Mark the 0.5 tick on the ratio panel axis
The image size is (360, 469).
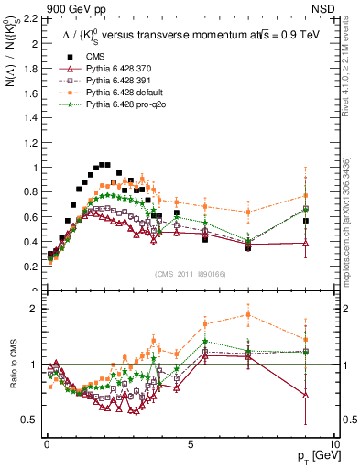click(x=30, y=420)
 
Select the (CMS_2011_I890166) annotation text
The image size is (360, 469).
click(x=189, y=275)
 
